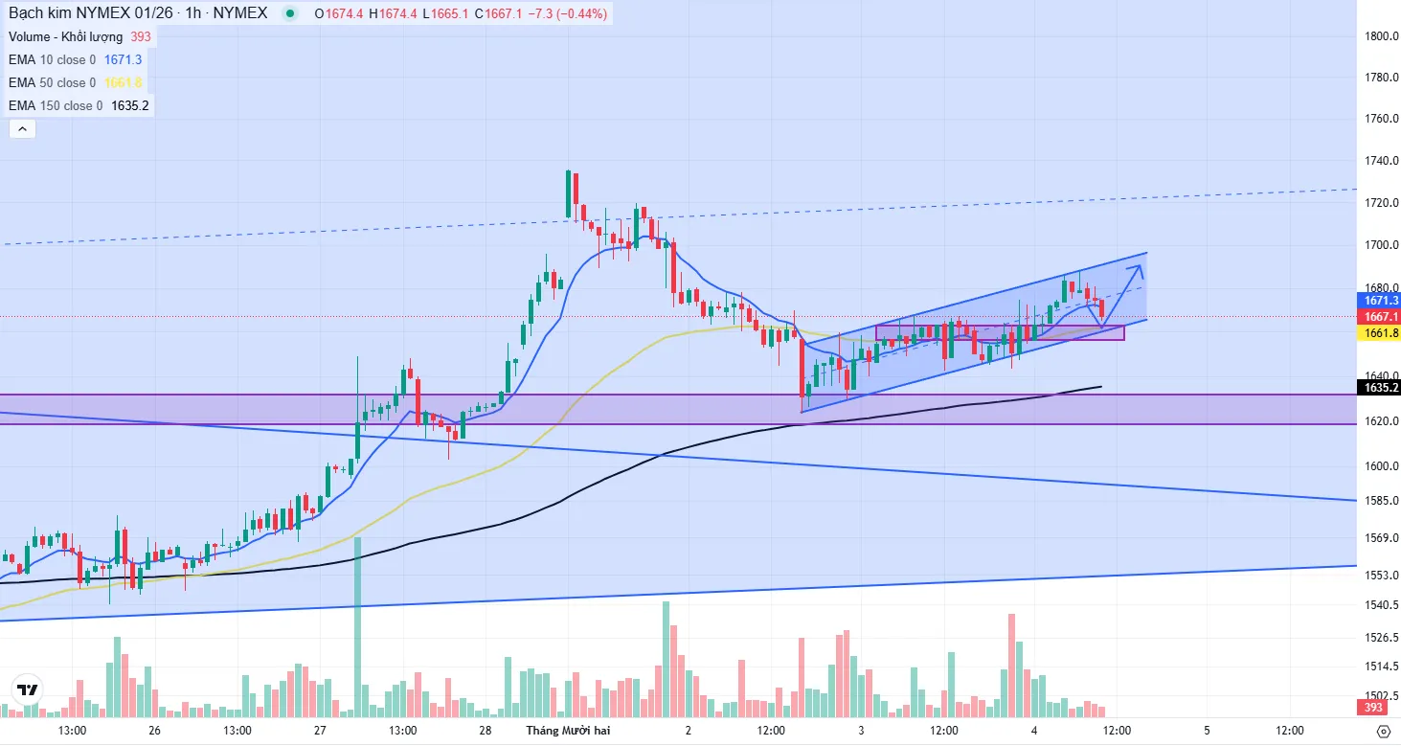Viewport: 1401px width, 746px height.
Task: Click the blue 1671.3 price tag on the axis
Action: point(1378,300)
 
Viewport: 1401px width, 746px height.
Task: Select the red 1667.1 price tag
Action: point(1378,316)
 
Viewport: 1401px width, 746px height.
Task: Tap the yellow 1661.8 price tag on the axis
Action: point(1378,332)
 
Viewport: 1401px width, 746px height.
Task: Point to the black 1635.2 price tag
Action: point(1378,388)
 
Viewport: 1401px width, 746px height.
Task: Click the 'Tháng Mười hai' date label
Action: point(568,730)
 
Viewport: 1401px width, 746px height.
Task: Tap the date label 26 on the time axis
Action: point(155,730)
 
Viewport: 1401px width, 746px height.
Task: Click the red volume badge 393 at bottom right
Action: point(1373,708)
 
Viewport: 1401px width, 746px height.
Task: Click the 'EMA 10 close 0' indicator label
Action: point(53,59)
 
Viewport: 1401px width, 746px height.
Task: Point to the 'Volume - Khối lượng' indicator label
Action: point(66,36)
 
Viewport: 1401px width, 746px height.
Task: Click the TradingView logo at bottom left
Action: point(28,689)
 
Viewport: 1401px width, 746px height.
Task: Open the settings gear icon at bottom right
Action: point(1382,731)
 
